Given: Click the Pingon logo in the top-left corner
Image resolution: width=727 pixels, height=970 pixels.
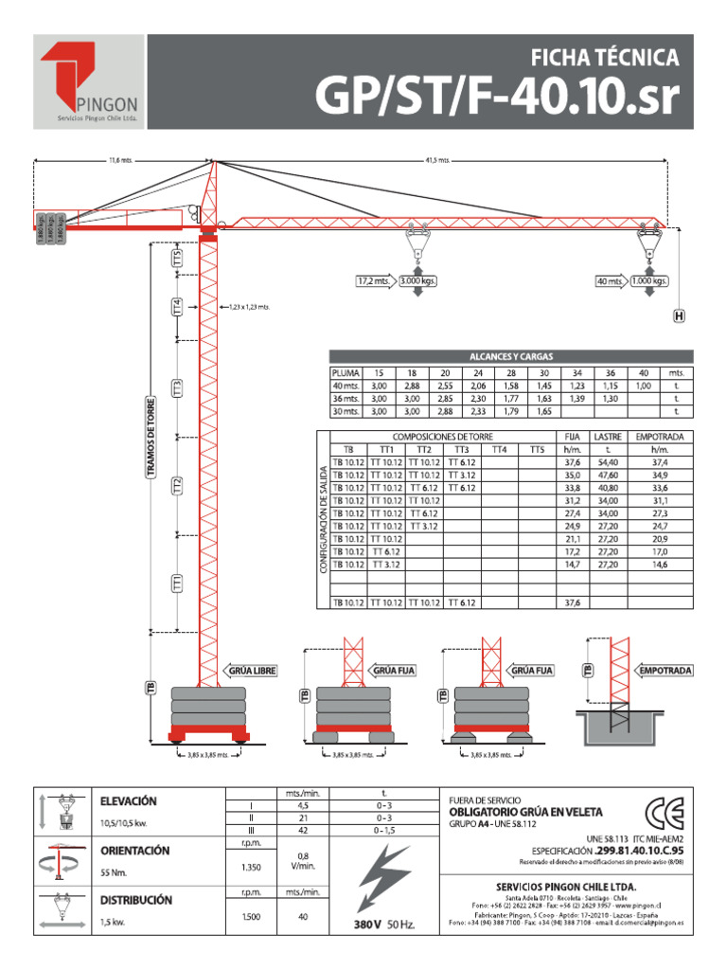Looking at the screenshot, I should pos(89,81).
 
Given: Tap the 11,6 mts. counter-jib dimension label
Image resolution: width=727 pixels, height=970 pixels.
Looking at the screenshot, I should pos(121,160).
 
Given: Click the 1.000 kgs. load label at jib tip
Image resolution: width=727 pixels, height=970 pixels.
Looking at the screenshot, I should pos(648,281).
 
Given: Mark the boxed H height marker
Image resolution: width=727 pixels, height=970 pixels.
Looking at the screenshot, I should pos(679,316).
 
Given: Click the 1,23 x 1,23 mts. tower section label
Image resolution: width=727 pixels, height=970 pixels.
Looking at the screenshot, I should pos(249,307).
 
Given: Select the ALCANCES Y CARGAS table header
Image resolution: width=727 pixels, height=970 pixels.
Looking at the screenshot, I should pos(511,356).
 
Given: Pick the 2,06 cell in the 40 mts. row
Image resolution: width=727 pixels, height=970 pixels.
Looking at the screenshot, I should pos(477,386).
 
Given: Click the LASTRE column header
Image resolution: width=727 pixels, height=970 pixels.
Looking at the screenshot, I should pos(607,437).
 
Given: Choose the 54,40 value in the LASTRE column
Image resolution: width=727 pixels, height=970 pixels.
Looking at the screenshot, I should pos(607,461).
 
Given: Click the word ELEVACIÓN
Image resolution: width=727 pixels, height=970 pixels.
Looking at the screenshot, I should pos(130,801).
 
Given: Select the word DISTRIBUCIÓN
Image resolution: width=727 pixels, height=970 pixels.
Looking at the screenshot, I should pos(136,901).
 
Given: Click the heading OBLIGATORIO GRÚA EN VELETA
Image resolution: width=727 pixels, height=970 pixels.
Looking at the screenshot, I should pos(524,813).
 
